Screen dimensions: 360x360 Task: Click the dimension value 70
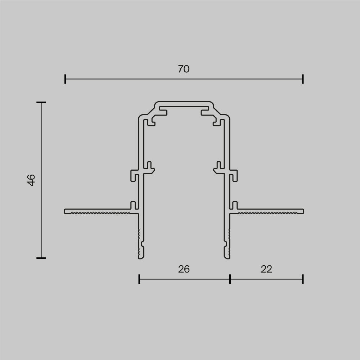tap(184, 69)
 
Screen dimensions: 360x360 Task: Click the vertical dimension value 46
tap(32, 180)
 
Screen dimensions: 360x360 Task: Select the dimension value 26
tap(184, 269)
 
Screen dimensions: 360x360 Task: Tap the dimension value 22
tap(266, 269)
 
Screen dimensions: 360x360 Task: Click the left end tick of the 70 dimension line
tap(65, 79)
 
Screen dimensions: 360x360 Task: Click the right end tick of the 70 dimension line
tap(303, 79)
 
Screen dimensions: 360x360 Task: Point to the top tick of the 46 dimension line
tap(41, 103)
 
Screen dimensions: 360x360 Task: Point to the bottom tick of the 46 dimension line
tap(41, 258)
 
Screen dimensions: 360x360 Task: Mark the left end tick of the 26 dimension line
tap(139, 279)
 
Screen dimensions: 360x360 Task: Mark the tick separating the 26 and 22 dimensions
tap(230, 279)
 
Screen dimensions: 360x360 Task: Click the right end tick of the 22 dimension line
tap(303, 279)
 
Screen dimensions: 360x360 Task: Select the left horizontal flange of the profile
tap(97, 211)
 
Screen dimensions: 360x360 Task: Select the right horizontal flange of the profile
tap(270, 211)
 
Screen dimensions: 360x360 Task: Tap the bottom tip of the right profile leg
tap(227, 257)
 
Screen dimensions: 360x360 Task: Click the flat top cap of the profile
tap(184, 104)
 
